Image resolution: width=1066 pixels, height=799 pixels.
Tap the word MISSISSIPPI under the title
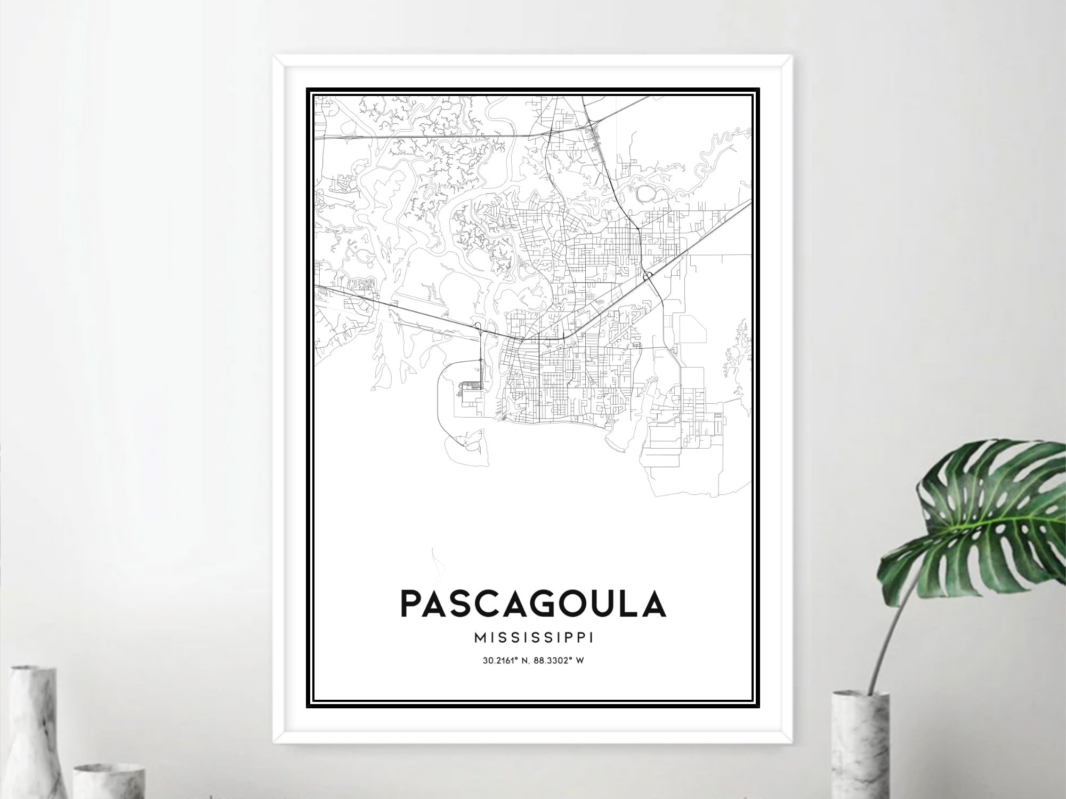[x=534, y=638]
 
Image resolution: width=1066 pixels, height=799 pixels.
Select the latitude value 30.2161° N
[x=507, y=660]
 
